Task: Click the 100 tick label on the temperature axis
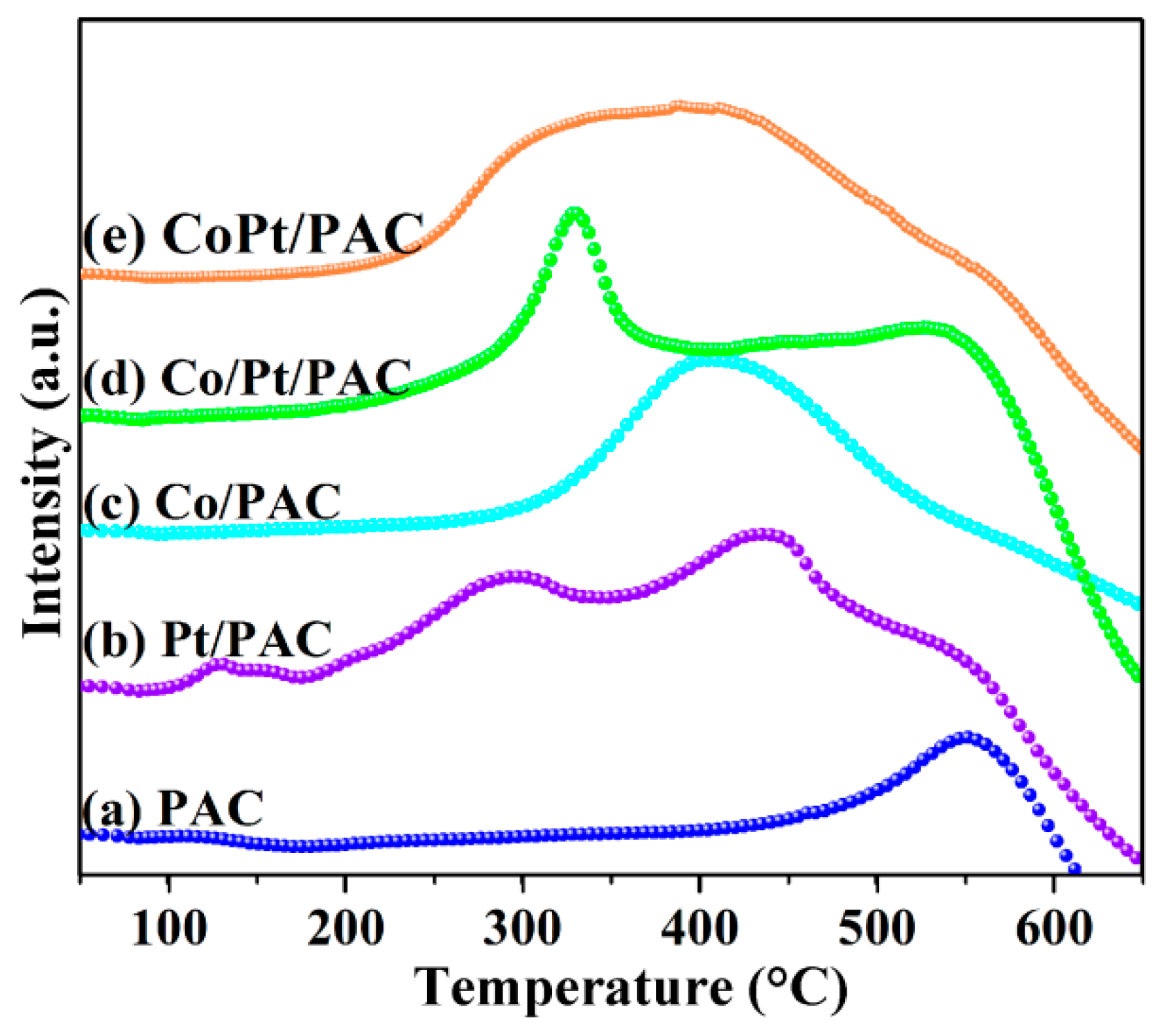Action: click(168, 927)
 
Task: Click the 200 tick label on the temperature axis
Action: click(345, 927)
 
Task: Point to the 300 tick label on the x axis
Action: click(522, 927)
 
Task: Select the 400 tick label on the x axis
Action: click(700, 927)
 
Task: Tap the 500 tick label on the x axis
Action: click(876, 927)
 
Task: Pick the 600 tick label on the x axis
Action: click(1053, 927)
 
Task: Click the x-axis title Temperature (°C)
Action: click(632, 987)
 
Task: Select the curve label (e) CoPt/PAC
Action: click(254, 234)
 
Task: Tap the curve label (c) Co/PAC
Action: click(212, 501)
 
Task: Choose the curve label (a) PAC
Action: click(173, 808)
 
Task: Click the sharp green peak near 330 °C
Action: click(575, 213)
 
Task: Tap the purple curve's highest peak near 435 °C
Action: click(763, 534)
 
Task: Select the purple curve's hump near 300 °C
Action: click(517, 576)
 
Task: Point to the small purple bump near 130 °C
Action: click(220, 664)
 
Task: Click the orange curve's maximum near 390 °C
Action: click(679, 106)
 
